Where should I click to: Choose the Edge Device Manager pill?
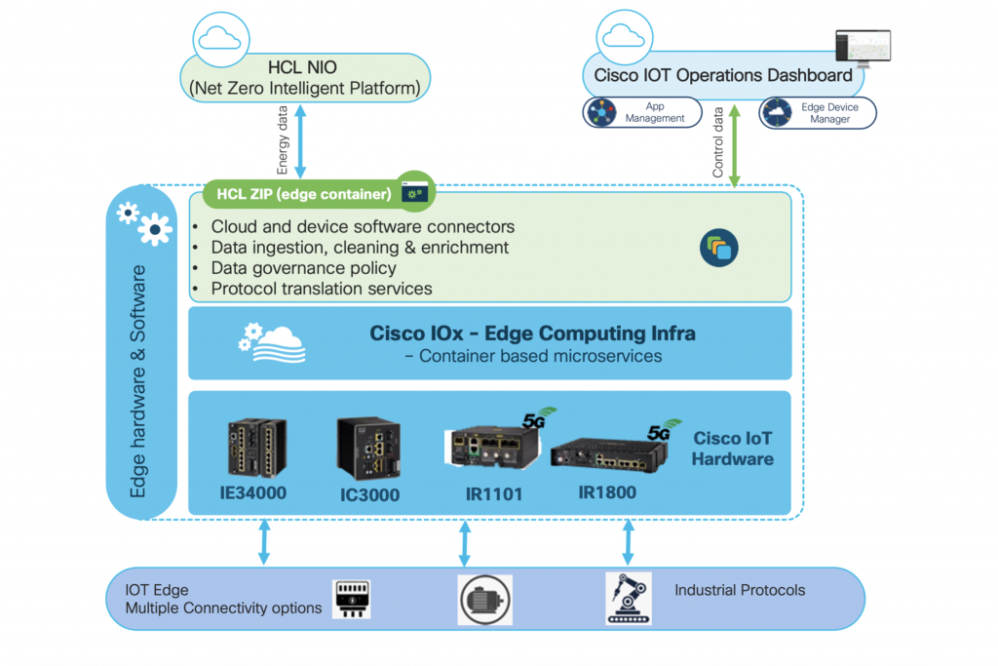click(x=817, y=112)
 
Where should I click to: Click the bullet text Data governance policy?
click(x=303, y=268)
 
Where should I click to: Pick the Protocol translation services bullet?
click(x=321, y=289)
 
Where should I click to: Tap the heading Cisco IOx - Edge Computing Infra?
click(x=532, y=333)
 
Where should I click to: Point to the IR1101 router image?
click(x=492, y=446)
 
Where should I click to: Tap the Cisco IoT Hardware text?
click(x=733, y=449)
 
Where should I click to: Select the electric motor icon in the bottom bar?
click(x=485, y=599)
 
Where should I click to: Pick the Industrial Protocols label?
click(x=740, y=590)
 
